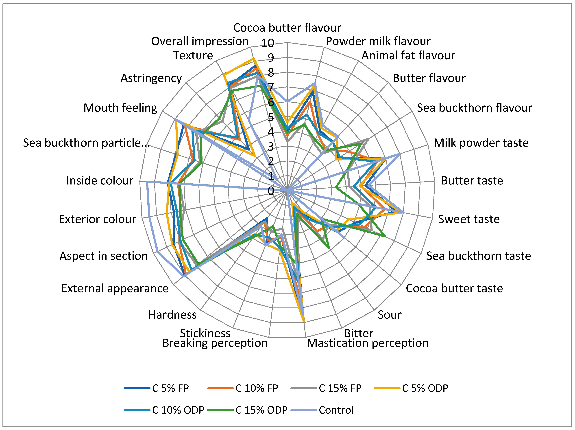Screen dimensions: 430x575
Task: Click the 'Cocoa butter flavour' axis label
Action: pos(287,28)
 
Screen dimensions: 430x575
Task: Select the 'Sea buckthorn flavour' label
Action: pos(475,108)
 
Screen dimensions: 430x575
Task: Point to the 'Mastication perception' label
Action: pos(368,343)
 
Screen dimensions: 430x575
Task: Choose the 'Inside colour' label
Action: pos(100,180)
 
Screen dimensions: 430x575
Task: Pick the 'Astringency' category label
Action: pos(151,78)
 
